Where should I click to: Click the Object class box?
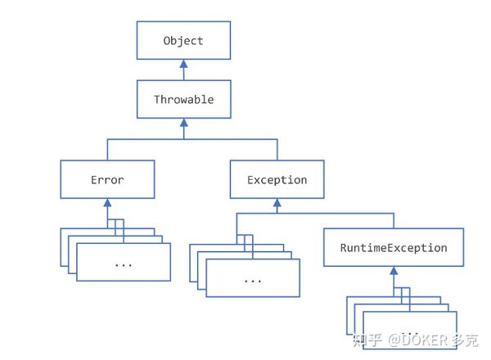[x=183, y=41]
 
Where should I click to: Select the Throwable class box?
[x=183, y=100]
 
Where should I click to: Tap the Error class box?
[x=107, y=179]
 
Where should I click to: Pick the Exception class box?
[x=277, y=179]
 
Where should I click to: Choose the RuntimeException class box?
[x=394, y=247]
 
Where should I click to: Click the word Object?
[x=183, y=41]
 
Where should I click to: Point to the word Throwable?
[x=183, y=100]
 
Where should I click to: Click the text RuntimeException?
[x=394, y=247]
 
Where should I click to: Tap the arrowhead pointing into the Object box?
[x=183, y=64]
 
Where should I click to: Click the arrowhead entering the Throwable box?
[x=183, y=124]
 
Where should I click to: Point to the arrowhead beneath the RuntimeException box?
[x=394, y=271]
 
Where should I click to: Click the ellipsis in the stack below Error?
[x=124, y=264]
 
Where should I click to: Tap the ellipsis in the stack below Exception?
[x=252, y=279]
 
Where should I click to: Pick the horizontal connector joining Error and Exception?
[x=192, y=139]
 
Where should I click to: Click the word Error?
[x=107, y=179]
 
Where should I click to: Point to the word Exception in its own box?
[x=277, y=179]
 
